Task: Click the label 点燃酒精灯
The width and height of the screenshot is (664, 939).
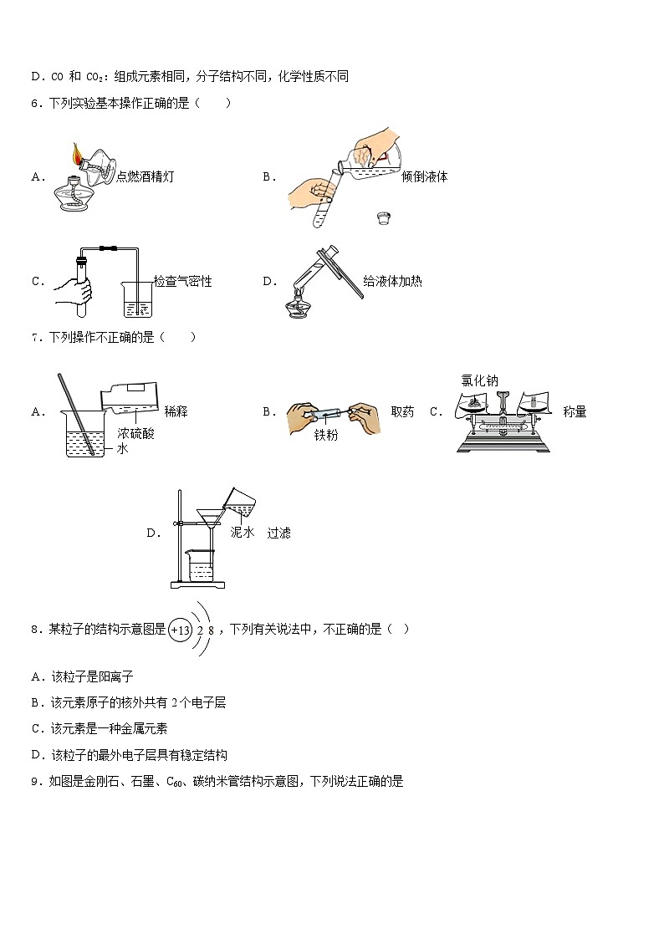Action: [146, 176]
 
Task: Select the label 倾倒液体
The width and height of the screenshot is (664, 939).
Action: [424, 176]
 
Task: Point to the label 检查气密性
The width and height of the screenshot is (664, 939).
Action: [182, 282]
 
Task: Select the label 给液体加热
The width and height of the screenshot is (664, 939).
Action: [392, 281]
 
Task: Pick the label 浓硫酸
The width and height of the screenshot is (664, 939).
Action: [135, 433]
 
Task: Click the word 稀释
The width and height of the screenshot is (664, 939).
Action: [176, 411]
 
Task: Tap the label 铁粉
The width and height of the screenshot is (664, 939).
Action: [325, 435]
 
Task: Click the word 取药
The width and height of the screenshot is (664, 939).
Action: [402, 411]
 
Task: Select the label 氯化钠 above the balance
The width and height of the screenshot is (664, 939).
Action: [479, 380]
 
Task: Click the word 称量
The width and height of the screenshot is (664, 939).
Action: [575, 411]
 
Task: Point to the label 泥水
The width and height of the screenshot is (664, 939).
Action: [242, 532]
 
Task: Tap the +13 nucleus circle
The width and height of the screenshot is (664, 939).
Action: [180, 630]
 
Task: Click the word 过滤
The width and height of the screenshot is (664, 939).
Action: [278, 533]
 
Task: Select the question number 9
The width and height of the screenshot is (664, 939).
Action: [35, 782]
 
